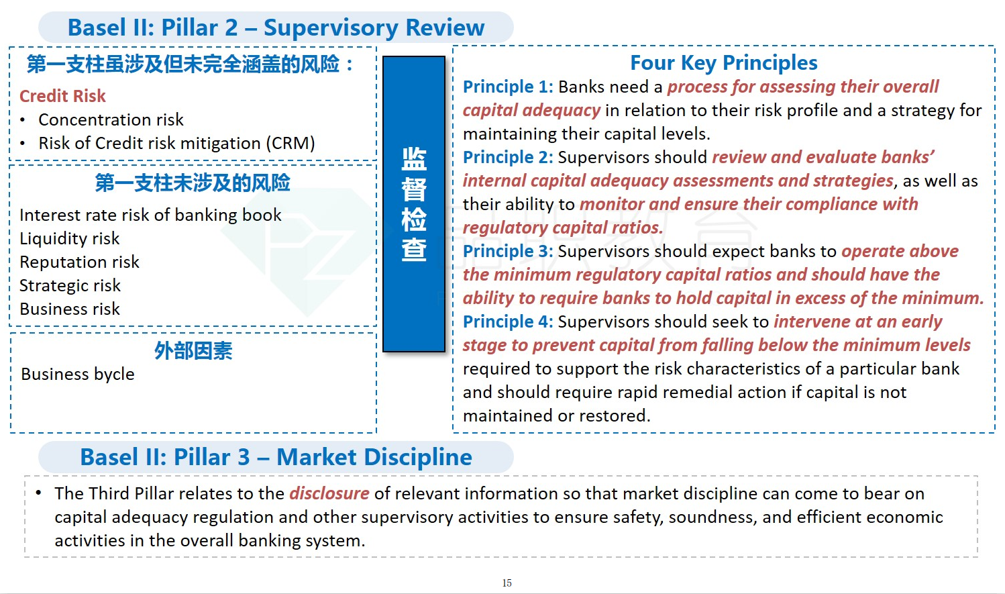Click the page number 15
pos(507,583)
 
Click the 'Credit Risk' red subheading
pos(62,96)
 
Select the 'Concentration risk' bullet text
pos(111,120)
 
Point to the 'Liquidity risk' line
pos(70,238)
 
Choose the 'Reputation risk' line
pos(79,262)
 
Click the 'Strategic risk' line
pos(70,285)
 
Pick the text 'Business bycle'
pos(78,374)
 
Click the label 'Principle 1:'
pos(508,87)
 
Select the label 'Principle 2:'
pos(508,157)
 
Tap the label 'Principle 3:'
pos(508,251)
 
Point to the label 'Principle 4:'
pos(508,321)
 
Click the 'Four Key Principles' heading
pos(724,63)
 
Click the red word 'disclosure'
pos(329,493)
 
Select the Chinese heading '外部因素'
pos(193,350)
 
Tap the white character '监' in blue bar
pos(414,159)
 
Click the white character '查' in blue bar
pos(414,250)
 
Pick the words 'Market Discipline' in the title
pos(374,457)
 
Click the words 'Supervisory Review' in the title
pos(374,28)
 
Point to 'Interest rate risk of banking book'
pos(150,215)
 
